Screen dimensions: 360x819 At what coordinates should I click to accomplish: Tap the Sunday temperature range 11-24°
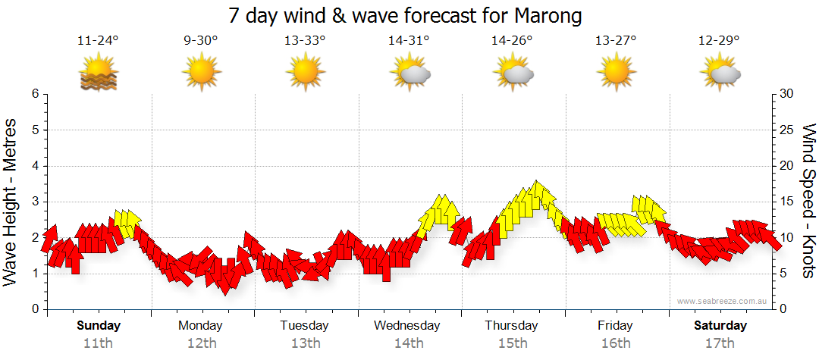click(x=99, y=41)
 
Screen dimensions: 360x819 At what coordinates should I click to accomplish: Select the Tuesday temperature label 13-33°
click(x=305, y=41)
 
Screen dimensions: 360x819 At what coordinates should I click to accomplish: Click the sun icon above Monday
click(x=201, y=72)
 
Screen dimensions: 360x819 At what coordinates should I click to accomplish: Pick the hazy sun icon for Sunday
click(x=99, y=72)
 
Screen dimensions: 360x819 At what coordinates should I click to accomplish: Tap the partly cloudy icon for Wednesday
click(x=409, y=72)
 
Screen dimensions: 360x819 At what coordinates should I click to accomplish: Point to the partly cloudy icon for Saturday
click(x=720, y=72)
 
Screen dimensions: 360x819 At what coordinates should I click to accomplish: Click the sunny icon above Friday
click(x=616, y=72)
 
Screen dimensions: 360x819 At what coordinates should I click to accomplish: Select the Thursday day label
click(x=512, y=326)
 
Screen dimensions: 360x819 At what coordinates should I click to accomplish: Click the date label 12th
click(x=201, y=343)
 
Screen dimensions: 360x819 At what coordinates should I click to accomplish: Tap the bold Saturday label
click(x=720, y=326)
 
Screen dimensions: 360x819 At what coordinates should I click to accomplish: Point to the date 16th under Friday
click(x=616, y=343)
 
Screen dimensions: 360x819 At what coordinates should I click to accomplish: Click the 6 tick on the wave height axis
click(x=35, y=94)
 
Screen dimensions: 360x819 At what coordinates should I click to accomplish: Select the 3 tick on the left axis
click(x=35, y=202)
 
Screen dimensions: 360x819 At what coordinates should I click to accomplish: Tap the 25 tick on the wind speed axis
click(x=786, y=130)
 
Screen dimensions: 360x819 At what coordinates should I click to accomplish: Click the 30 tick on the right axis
click(x=786, y=94)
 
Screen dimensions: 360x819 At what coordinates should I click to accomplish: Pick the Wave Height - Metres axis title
click(x=12, y=202)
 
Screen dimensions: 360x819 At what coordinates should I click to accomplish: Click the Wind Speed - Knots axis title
click(x=808, y=202)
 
